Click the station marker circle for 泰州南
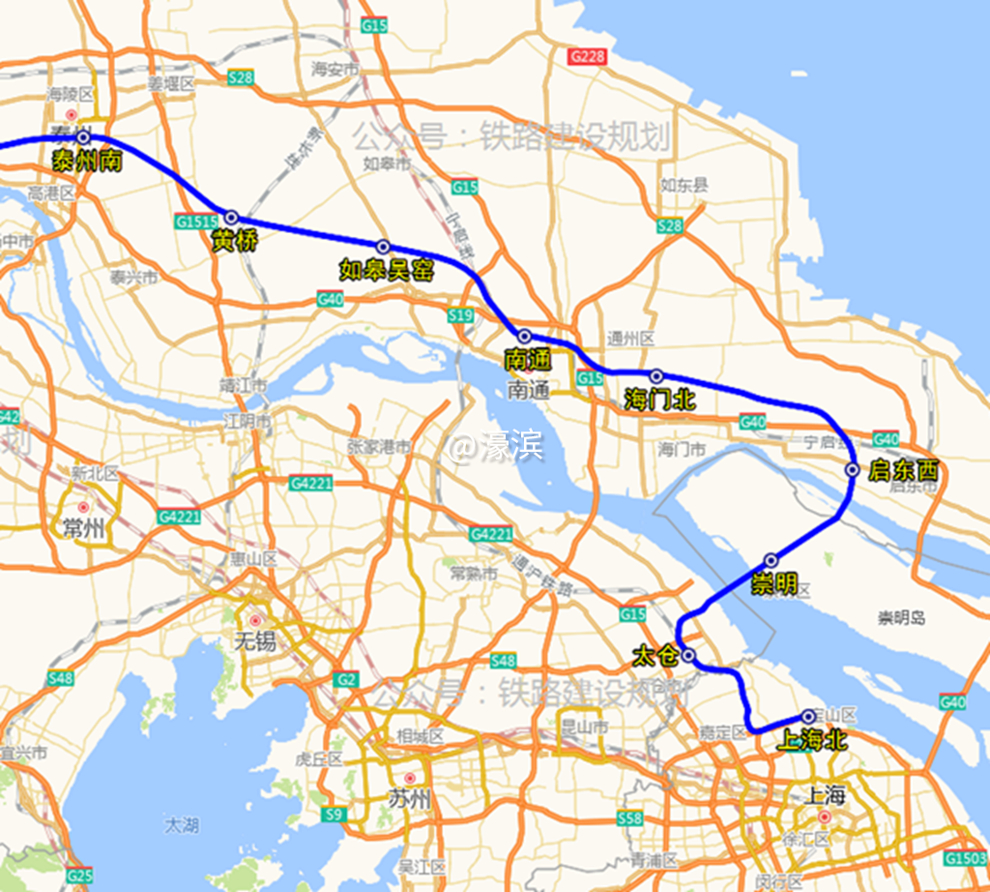pos(84,138)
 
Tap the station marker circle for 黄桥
pos(231,218)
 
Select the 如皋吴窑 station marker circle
pos(383,247)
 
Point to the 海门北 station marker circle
pos(656,375)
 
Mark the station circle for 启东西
pos(853,470)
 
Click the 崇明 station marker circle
pos(772,560)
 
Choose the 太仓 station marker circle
pos(689,655)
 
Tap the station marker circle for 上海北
pos(809,717)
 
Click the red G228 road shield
pos(587,56)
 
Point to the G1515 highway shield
pos(196,222)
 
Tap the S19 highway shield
pos(460,315)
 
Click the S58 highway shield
pos(628,819)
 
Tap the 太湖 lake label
pos(181,825)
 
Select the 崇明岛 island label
pos(902,618)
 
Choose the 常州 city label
pos(82,528)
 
